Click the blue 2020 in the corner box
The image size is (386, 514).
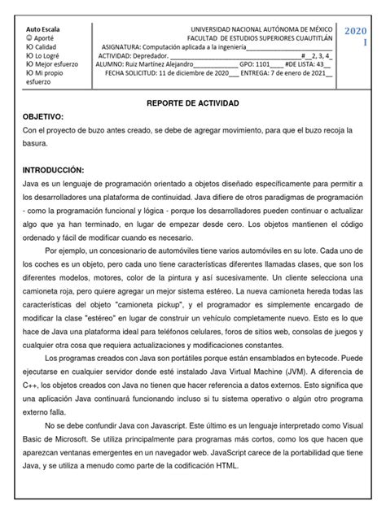point(356,31)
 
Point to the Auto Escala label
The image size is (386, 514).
point(43,28)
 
